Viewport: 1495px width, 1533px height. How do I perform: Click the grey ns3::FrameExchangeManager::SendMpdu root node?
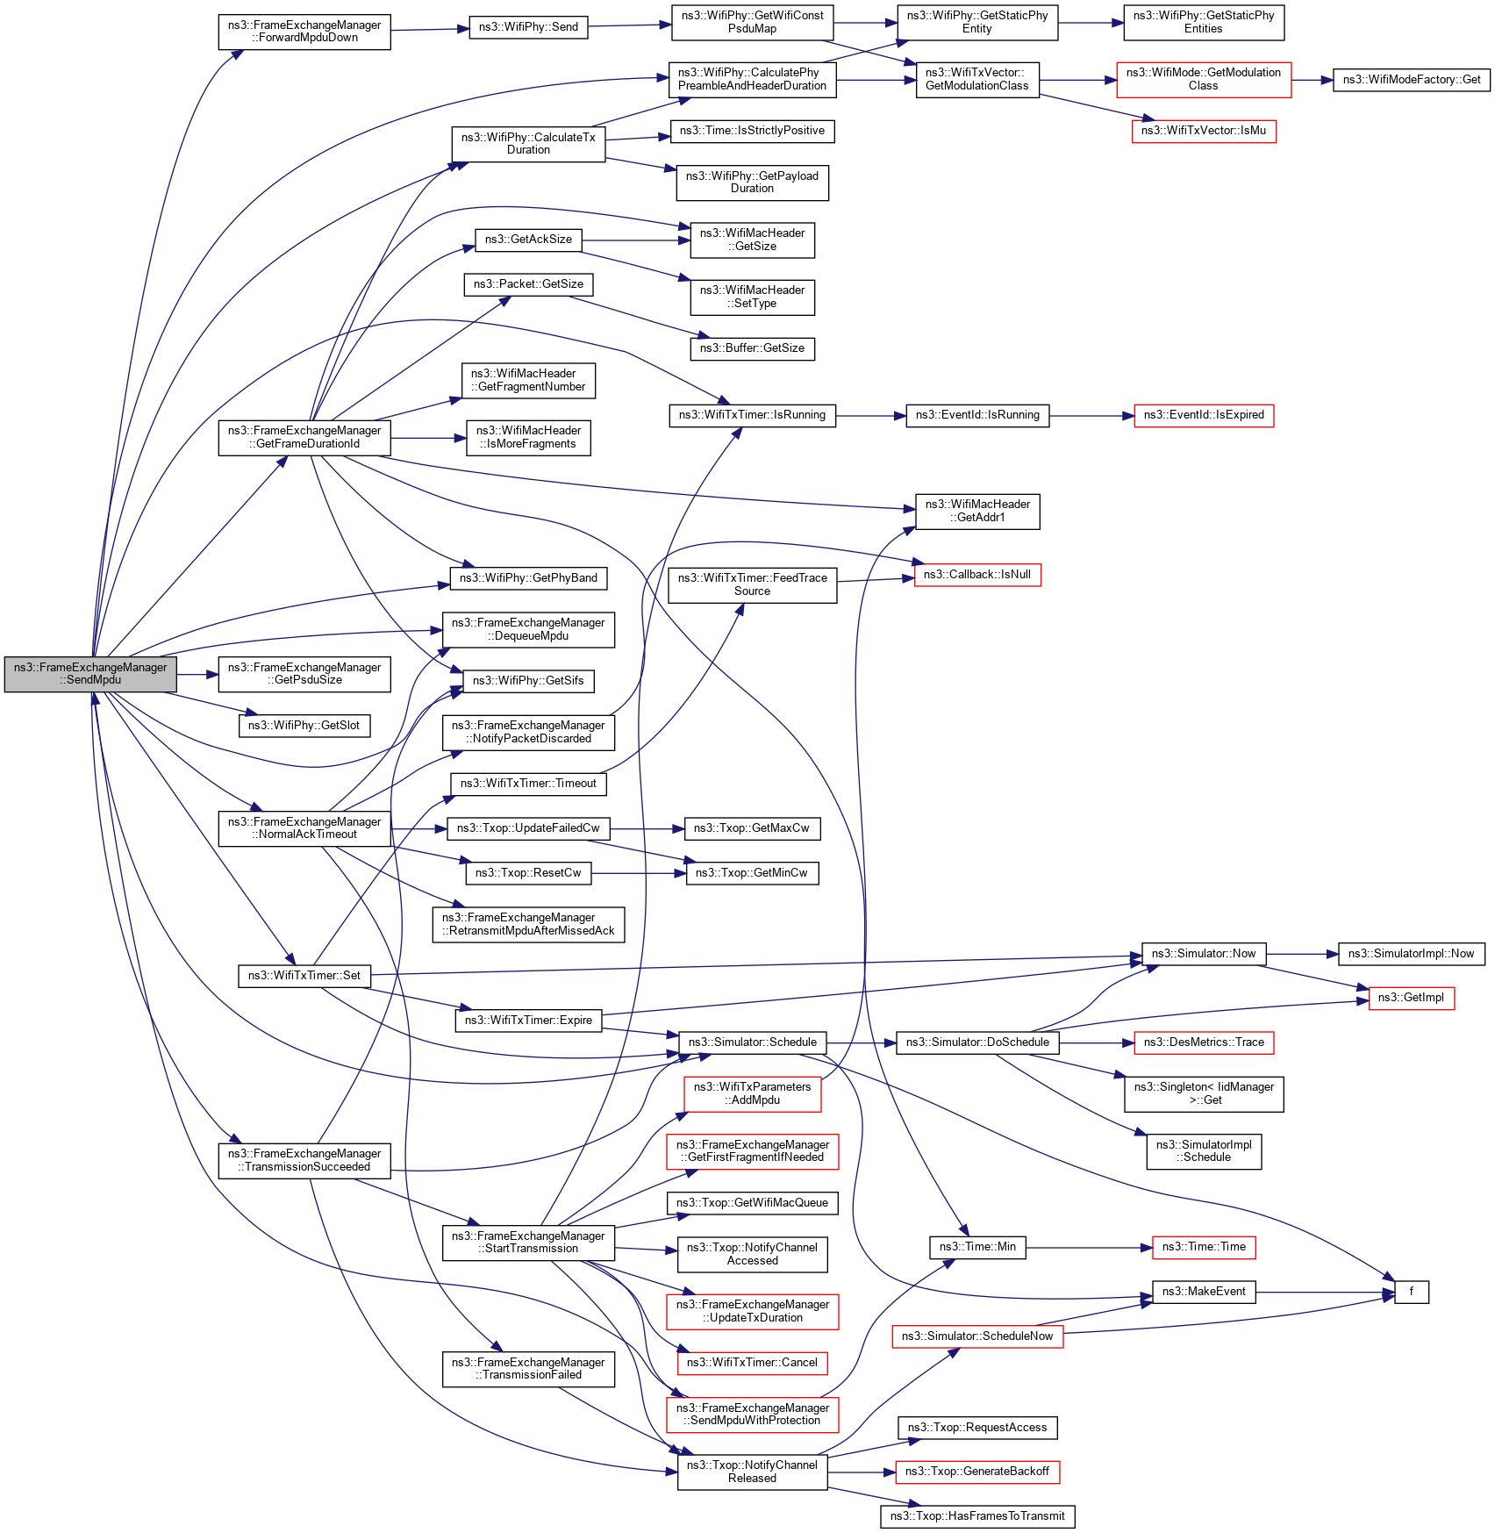pos(90,674)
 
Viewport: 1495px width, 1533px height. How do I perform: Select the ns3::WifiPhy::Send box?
pos(528,27)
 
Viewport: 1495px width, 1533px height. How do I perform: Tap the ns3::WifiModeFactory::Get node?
pos(1411,80)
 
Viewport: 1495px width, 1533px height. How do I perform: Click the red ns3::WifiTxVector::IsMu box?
pos(1203,131)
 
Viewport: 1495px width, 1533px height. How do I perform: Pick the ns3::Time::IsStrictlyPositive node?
pos(752,131)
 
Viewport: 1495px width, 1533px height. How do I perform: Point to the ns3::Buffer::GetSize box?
pos(752,348)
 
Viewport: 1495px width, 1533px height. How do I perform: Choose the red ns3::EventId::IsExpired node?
pos(1203,415)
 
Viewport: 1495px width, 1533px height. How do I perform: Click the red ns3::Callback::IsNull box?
pos(976,575)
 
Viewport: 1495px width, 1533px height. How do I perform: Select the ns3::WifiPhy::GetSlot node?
pos(304,726)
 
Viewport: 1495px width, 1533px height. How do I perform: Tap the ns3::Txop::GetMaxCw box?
pos(751,828)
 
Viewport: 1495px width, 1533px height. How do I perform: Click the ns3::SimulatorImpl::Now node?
pos(1411,954)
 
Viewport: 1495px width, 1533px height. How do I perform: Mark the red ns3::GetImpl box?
pos(1411,998)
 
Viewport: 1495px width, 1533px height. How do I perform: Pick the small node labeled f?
pos(1411,1292)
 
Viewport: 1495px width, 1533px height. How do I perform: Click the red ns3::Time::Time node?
pos(1203,1247)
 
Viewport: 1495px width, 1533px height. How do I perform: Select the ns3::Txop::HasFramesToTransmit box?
pos(976,1516)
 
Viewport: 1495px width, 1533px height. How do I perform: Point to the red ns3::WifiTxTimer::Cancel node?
pos(752,1363)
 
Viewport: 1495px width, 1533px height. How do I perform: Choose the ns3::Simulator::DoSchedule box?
pos(976,1042)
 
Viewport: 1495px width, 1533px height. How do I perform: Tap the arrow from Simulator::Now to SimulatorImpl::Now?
pos(1302,954)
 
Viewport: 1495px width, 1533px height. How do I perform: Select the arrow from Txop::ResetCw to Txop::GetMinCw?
pos(638,873)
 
